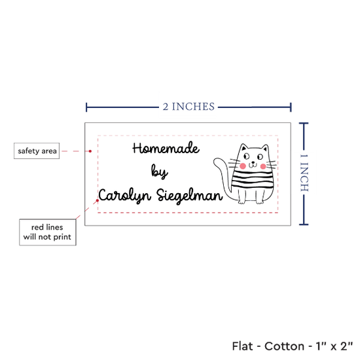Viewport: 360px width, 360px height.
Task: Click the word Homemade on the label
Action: tap(166, 149)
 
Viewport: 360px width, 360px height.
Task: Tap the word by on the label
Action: tap(159, 171)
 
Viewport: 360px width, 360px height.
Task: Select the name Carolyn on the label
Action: tap(125, 196)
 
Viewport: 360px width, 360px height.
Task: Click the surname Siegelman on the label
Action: tap(190, 196)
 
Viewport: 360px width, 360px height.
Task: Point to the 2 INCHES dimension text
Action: tap(189, 107)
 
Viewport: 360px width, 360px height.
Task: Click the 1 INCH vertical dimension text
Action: tap(304, 173)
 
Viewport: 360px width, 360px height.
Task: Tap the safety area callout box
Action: tap(37, 151)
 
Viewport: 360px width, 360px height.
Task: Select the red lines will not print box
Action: tap(48, 232)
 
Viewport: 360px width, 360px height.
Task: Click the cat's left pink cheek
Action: tap(243, 166)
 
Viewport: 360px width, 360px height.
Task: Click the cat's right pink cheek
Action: tap(263, 166)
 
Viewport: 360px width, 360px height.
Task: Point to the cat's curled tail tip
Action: tap(216, 162)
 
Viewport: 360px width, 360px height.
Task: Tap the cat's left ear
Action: tap(243, 147)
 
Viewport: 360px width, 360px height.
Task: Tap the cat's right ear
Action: tap(265, 148)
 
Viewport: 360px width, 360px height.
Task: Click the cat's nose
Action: tap(253, 162)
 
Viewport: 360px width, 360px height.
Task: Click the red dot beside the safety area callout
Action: tap(90, 151)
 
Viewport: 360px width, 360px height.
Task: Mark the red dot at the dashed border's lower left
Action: tap(98, 200)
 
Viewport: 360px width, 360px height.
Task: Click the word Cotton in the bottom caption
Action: tap(284, 346)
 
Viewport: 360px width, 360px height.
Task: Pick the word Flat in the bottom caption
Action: tap(242, 346)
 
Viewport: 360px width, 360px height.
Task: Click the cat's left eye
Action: tap(247, 156)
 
